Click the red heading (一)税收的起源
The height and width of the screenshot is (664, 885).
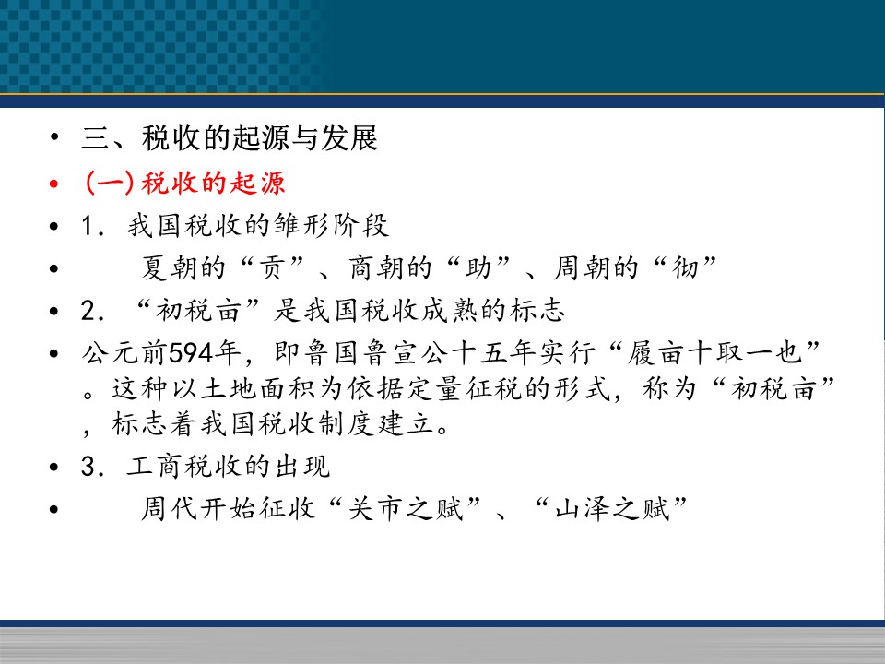184,183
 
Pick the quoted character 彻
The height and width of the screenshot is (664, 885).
685,267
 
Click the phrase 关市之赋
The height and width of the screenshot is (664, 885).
406,508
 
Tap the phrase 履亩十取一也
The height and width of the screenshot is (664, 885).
714,353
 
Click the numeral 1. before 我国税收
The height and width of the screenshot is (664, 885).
92,226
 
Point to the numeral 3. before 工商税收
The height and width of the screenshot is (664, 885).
92,467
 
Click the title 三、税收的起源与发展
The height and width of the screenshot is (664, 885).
230,137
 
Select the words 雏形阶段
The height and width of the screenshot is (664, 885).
332,225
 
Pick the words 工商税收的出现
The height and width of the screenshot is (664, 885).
228,467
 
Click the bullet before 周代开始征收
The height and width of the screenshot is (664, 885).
53,509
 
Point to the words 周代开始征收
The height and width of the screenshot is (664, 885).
228,508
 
